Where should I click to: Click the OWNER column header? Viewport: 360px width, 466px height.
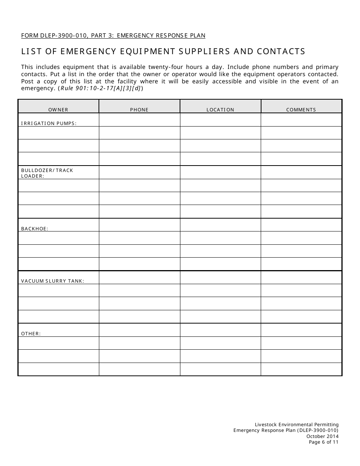(58, 109)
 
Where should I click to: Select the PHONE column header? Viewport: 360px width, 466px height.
(139, 109)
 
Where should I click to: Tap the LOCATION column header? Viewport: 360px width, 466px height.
(220, 109)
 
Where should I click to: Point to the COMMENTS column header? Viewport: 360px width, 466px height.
(301, 109)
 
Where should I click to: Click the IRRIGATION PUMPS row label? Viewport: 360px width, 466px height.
(49, 123)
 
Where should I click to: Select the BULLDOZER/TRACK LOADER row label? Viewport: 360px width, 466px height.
(47, 173)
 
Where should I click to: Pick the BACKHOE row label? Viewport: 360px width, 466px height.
(34, 228)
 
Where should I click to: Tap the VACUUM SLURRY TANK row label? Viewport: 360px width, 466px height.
(53, 281)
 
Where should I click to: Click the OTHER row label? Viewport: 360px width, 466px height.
(31, 333)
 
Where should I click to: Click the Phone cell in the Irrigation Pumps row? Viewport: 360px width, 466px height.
(139, 120)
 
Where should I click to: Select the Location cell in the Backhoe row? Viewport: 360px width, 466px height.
(220, 225)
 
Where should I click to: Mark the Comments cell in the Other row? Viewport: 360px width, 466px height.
(301, 330)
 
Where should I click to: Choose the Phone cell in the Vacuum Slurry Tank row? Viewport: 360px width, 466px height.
(139, 277)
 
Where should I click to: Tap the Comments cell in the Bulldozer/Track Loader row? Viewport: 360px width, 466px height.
(301, 172)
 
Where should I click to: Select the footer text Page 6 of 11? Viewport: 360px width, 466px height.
(323, 442)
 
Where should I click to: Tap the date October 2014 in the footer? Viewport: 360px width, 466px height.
(322, 436)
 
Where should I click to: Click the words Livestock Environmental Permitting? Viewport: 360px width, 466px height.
(297, 425)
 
